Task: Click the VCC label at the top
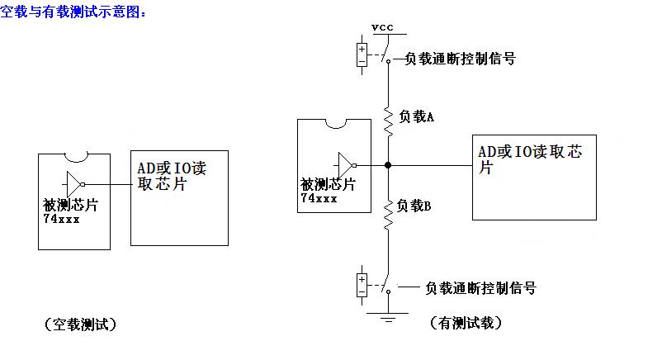pyautogui.click(x=383, y=27)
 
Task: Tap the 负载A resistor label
pyautogui.click(x=417, y=117)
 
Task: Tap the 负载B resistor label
pyautogui.click(x=415, y=206)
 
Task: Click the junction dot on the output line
pyautogui.click(x=388, y=165)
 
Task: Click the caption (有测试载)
pyautogui.click(x=467, y=323)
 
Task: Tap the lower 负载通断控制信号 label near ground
pyautogui.click(x=480, y=288)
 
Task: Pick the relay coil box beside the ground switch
pyautogui.click(x=362, y=284)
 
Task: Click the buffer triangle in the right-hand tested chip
pyautogui.click(x=346, y=164)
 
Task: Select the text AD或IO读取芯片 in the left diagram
pyautogui.click(x=172, y=176)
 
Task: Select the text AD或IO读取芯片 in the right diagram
pyautogui.click(x=522, y=159)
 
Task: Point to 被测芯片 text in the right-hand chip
pyautogui.click(x=329, y=185)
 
